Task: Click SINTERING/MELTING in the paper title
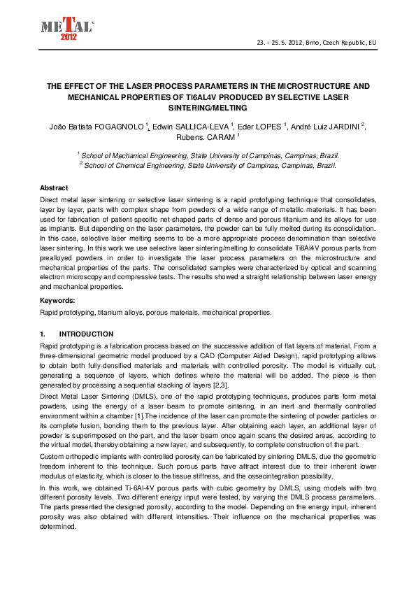click(208, 108)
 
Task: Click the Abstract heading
click(54, 189)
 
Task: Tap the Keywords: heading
click(57, 300)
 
